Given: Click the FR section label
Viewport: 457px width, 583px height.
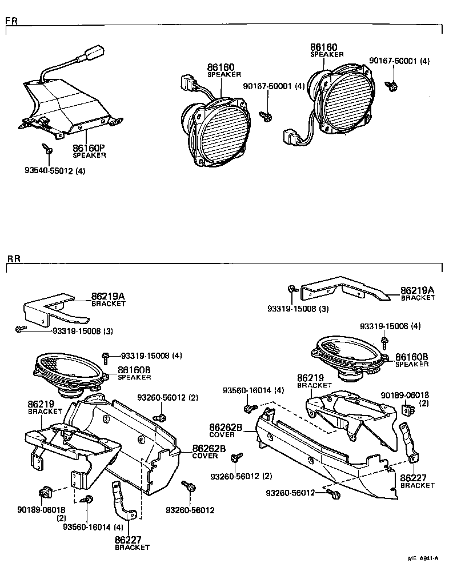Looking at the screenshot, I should click(x=11, y=21).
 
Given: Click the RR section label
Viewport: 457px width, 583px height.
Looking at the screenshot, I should click(x=13, y=258).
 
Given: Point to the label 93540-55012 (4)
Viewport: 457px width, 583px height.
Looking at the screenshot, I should click(x=55, y=170).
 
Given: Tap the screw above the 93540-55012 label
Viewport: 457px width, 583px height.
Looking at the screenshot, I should click(x=48, y=149).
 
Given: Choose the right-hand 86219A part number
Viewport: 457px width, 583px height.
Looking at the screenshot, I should click(x=417, y=290).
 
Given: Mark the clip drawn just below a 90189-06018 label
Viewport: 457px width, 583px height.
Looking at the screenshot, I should click(x=408, y=409).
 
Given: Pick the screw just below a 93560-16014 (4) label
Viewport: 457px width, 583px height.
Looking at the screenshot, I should click(x=250, y=409).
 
